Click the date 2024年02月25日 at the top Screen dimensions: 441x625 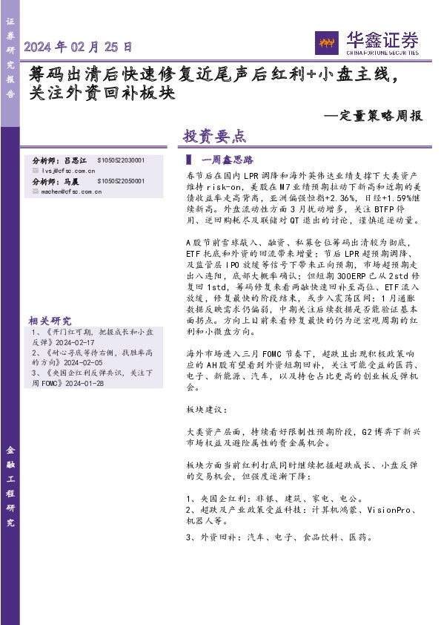[x=79, y=48]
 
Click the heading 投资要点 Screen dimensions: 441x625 [x=214, y=137]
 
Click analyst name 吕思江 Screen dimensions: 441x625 [x=76, y=160]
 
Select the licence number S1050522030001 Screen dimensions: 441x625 [x=122, y=160]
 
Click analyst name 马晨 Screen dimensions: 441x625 [x=72, y=181]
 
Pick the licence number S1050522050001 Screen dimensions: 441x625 [x=122, y=181]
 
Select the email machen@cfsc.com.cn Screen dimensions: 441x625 [x=71, y=191]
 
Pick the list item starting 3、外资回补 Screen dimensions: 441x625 [x=279, y=537]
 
